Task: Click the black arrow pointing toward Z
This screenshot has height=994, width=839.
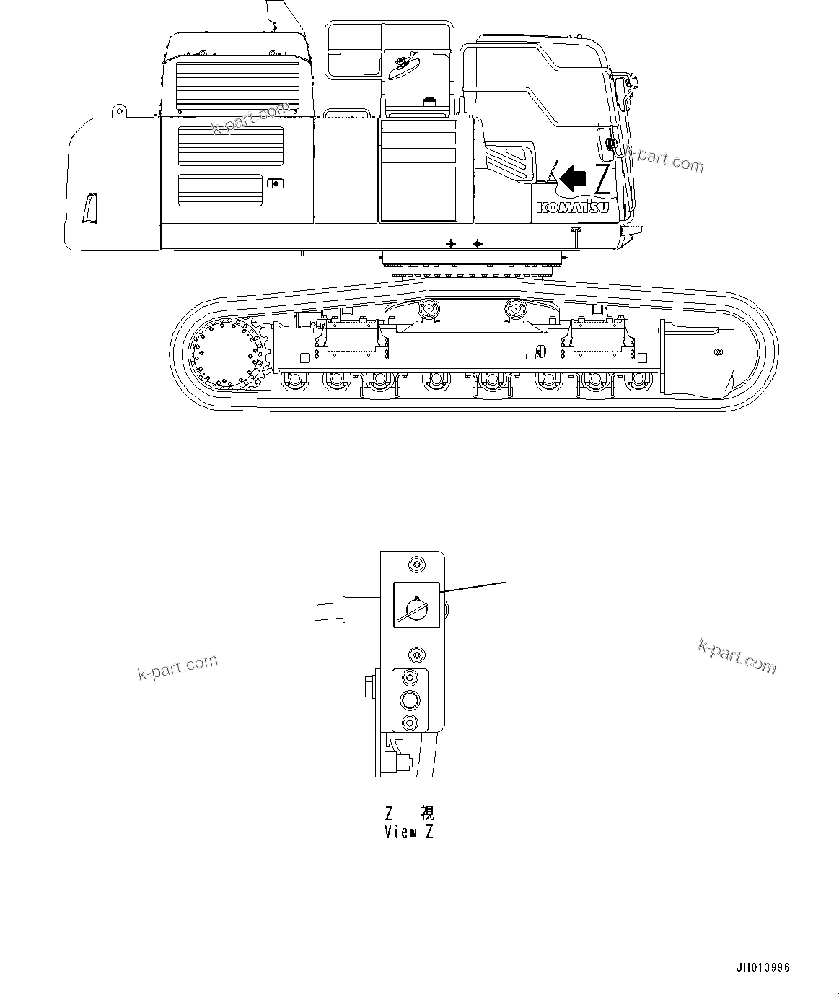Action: coord(574,177)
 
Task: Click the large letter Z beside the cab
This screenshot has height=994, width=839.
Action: coord(602,179)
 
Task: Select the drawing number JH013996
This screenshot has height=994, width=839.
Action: coord(763,967)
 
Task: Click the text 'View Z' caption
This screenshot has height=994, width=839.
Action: coord(409,832)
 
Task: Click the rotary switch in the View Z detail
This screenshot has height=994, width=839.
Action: coord(416,605)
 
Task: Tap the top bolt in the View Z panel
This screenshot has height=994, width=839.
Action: coord(416,564)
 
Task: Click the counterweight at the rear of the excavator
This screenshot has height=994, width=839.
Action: coord(112,184)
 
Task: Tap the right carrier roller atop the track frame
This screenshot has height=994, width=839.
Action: coord(517,308)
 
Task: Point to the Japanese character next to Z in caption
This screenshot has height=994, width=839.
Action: coord(427,813)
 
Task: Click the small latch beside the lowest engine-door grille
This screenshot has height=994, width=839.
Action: coord(275,183)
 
